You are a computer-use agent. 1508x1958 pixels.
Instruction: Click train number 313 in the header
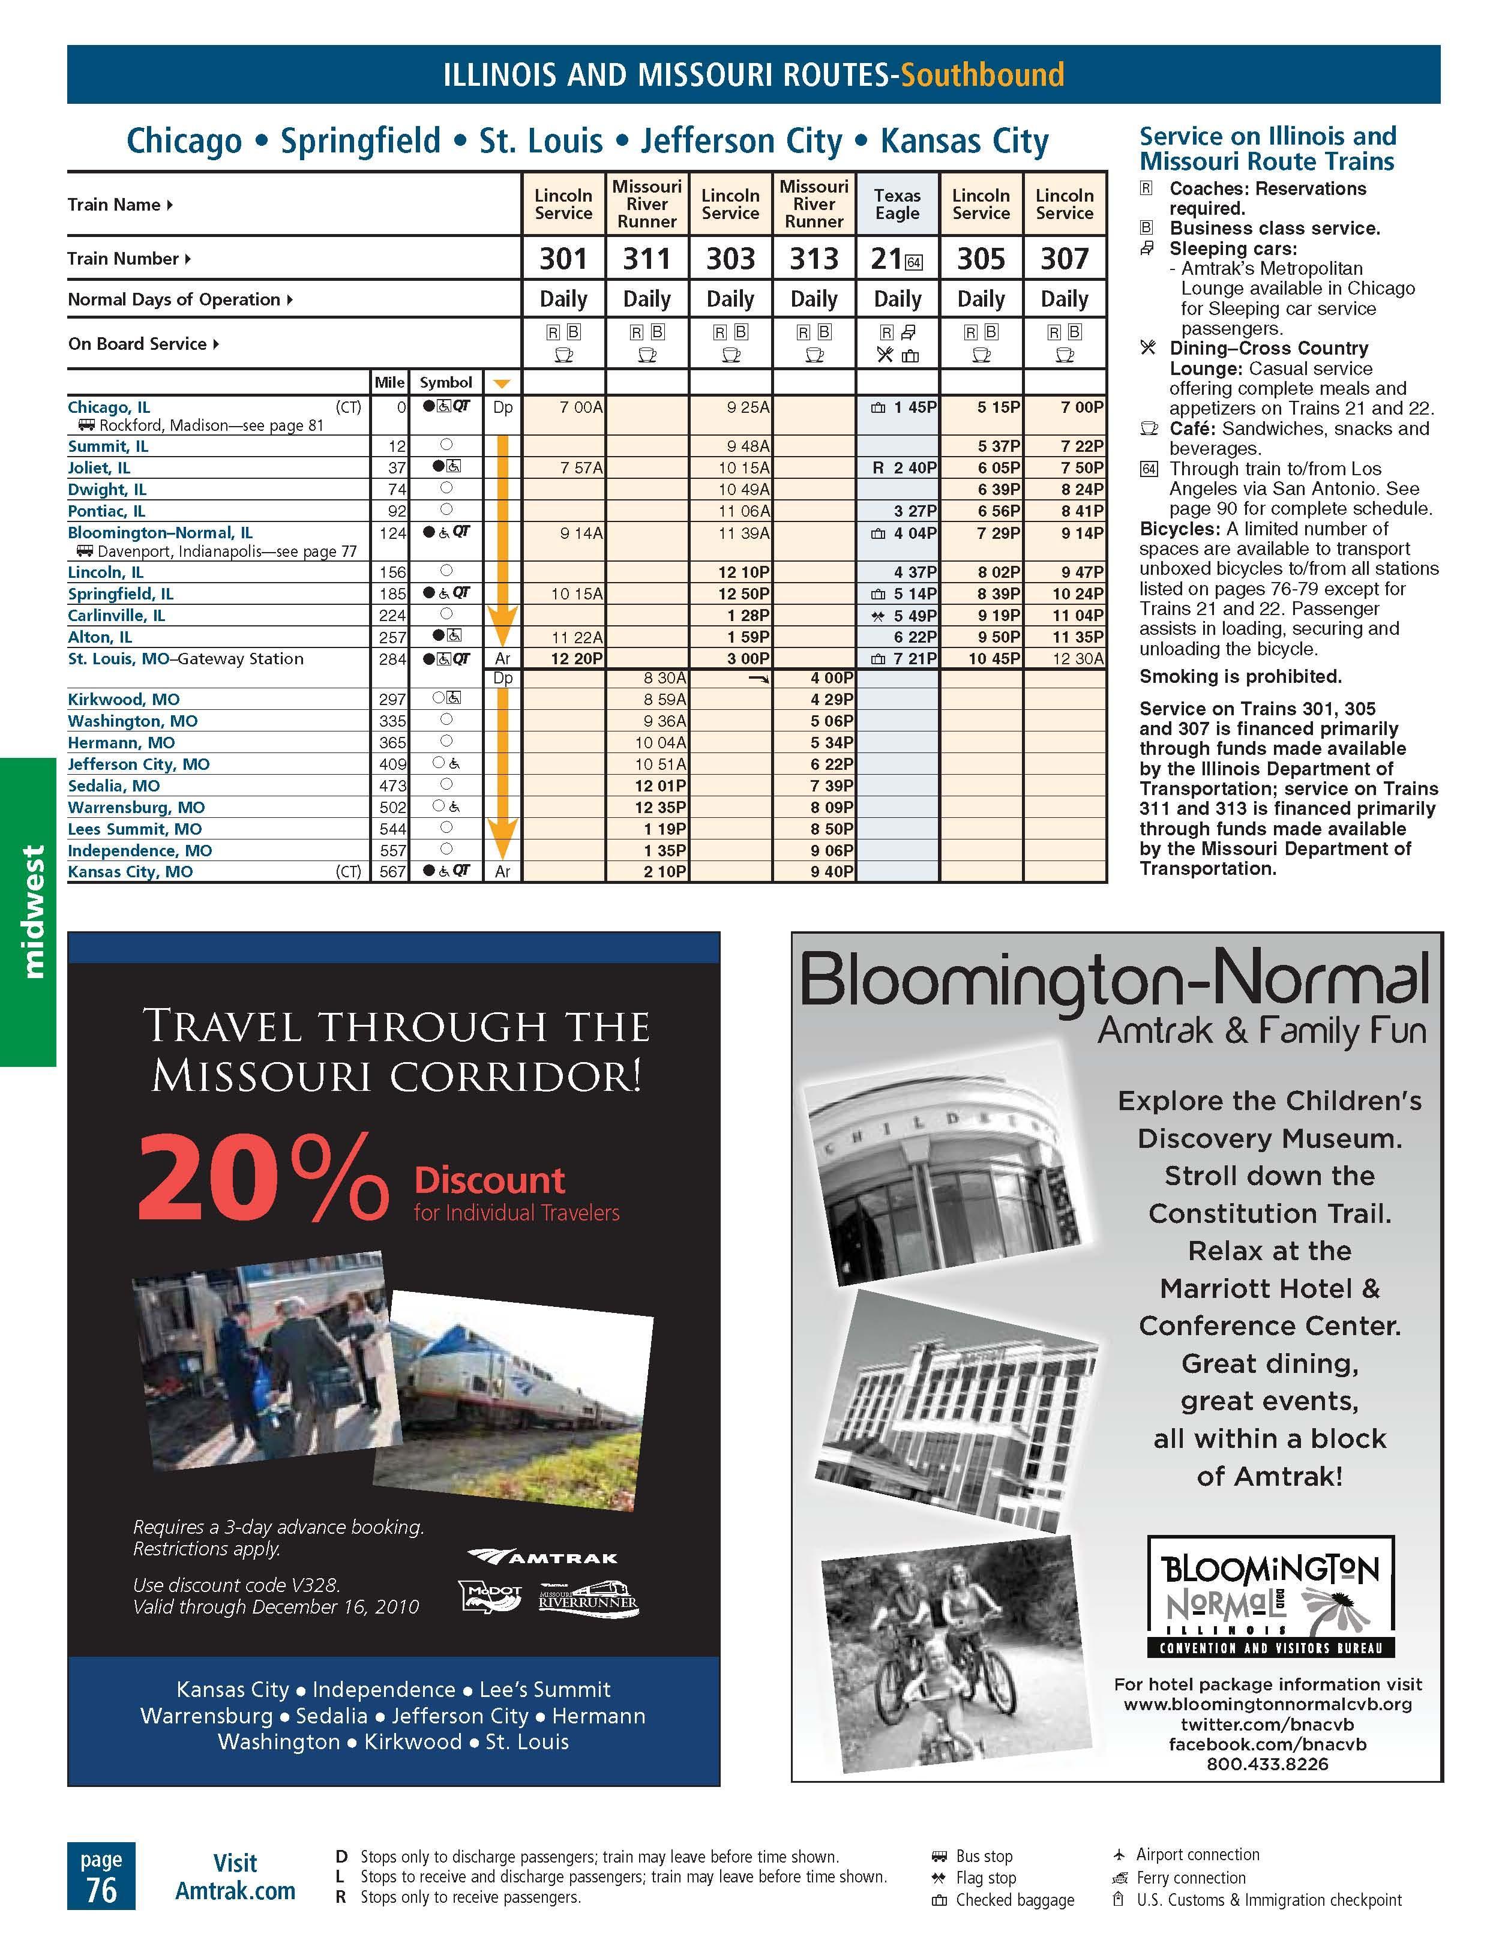click(x=813, y=259)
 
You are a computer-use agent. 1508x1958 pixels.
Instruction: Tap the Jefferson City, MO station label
click(x=139, y=764)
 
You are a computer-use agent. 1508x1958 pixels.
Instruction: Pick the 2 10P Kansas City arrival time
click(x=664, y=871)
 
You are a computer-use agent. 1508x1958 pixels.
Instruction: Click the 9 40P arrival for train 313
click(x=831, y=871)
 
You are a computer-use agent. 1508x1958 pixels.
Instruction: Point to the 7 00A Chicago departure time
click(x=580, y=407)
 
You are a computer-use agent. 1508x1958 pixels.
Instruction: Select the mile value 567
click(x=392, y=871)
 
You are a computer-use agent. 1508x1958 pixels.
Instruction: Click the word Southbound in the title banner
click(x=982, y=74)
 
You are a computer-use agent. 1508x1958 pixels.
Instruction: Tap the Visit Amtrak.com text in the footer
click(x=235, y=1876)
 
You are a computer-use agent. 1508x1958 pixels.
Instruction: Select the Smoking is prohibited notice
click(x=1240, y=677)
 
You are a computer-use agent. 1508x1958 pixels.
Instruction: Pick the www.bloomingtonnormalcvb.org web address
click(x=1267, y=1704)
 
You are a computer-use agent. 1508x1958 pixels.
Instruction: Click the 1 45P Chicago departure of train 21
click(x=913, y=407)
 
